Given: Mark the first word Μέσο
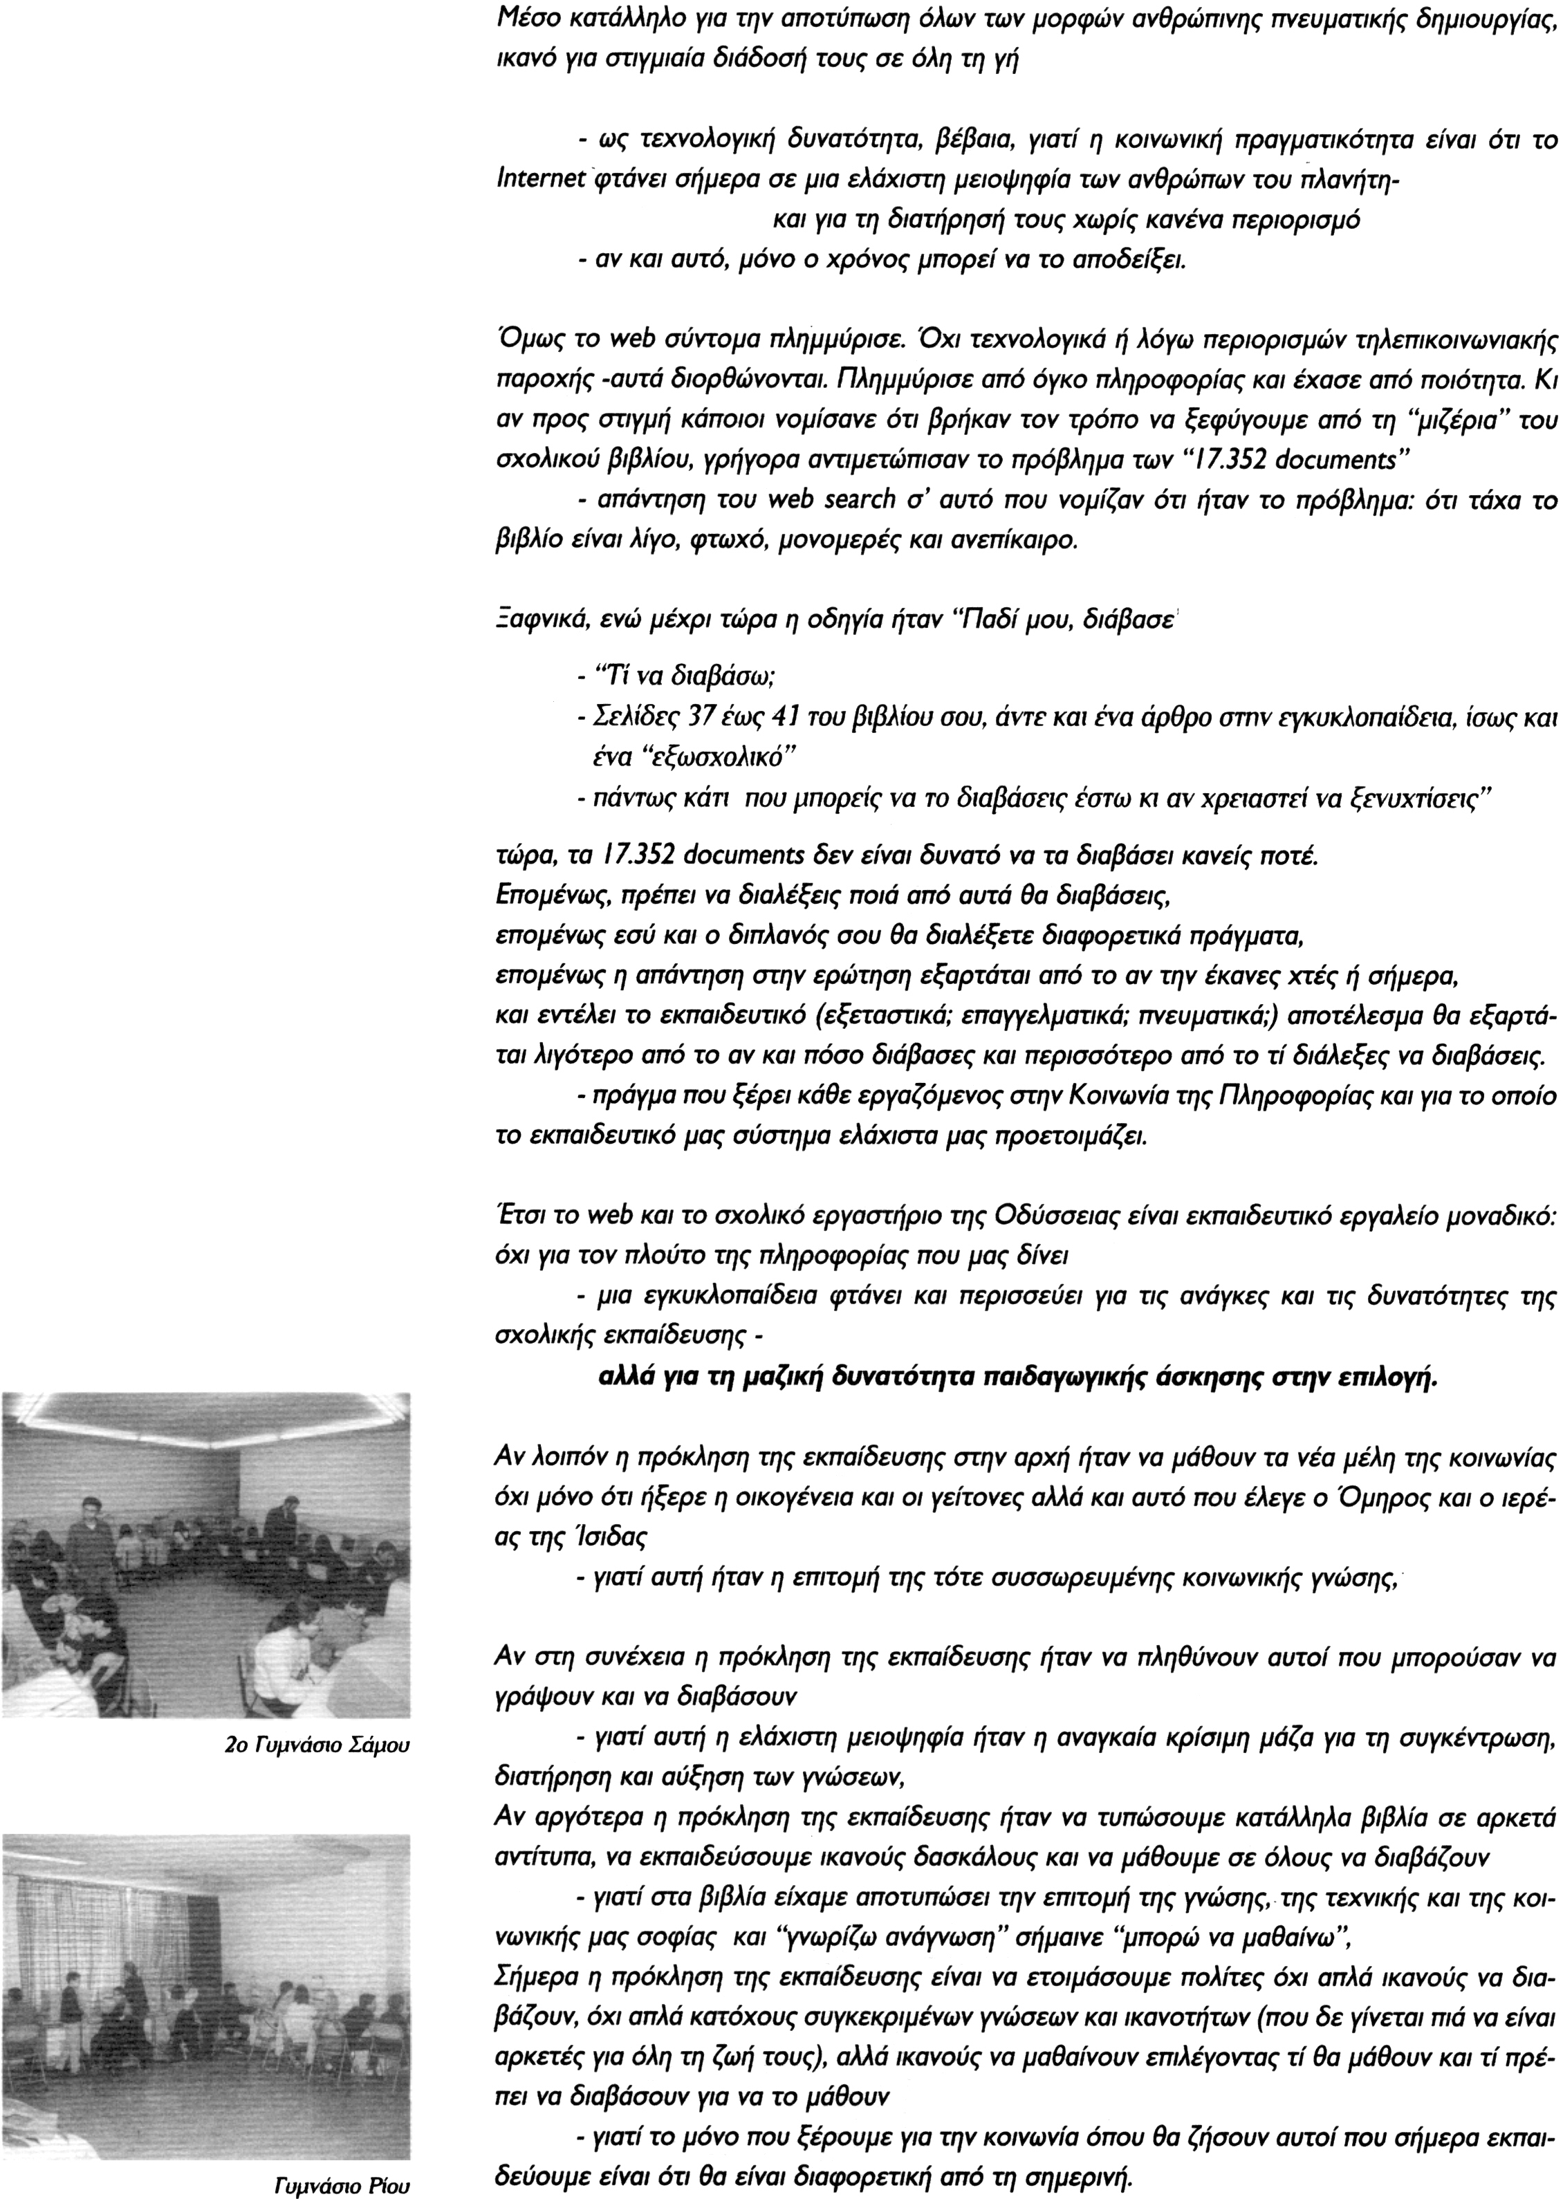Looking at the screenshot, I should [x=521, y=17].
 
